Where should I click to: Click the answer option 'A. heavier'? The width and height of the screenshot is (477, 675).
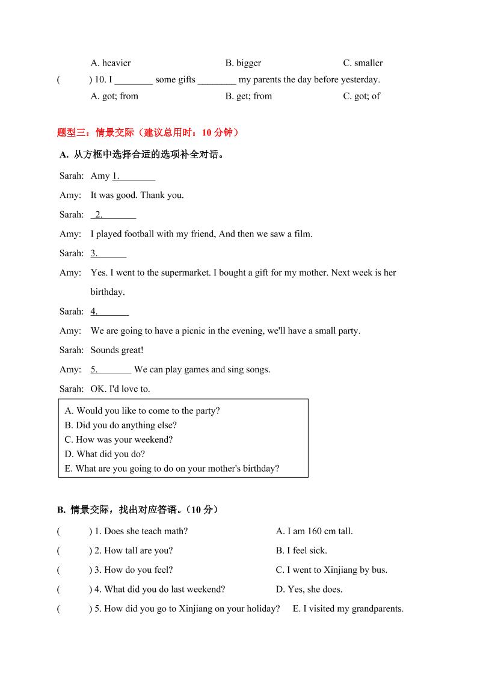coord(110,63)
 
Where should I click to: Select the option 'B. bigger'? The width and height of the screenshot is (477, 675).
coord(243,63)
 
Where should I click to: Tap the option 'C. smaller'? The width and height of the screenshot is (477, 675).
coord(363,63)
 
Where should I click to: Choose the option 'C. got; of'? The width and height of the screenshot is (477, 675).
coord(362,96)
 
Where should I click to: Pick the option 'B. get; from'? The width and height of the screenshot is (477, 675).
coord(248,96)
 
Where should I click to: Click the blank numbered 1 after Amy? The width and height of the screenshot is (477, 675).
coord(134,176)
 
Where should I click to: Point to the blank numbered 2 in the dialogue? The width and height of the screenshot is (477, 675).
coord(114,215)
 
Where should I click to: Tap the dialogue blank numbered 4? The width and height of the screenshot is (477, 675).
coord(109,312)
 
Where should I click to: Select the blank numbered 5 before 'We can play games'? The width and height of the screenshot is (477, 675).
coord(111,369)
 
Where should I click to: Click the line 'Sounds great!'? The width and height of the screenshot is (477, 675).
coord(117,350)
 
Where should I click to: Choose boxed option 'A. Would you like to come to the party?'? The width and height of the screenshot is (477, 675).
coord(142,411)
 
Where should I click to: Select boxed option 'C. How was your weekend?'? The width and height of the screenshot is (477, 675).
coord(118,440)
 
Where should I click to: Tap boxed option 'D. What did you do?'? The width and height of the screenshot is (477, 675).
coord(105,454)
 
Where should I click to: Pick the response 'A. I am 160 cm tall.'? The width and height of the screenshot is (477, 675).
coord(314,531)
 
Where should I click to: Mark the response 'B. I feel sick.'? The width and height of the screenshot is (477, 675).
coord(301,550)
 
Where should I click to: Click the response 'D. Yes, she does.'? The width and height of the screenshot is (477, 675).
coord(309,590)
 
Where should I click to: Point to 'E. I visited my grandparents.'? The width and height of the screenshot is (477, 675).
coord(348,609)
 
